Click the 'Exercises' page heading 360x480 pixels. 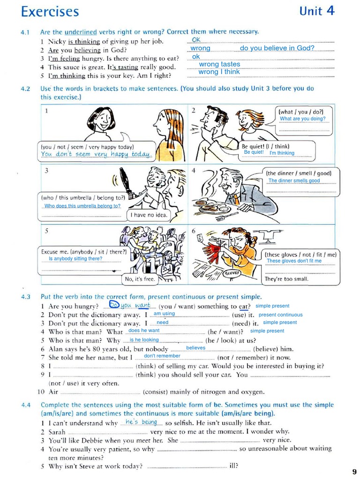pyautogui.click(x=50, y=12)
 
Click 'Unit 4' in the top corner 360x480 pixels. pyautogui.click(x=317, y=11)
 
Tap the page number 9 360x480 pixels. pyautogui.click(x=354, y=472)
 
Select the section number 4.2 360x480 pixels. pyautogui.click(x=25, y=89)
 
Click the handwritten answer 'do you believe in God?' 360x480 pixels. pyautogui.click(x=277, y=48)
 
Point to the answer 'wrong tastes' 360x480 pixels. pyautogui.click(x=219, y=64)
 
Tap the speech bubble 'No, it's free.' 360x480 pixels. pyautogui.click(x=139, y=279)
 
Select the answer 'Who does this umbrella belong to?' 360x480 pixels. pyautogui.click(x=82, y=206)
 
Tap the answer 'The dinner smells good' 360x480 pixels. pyautogui.click(x=294, y=180)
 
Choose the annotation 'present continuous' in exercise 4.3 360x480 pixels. pyautogui.click(x=280, y=315)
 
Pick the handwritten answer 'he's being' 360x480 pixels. pyautogui.click(x=141, y=422)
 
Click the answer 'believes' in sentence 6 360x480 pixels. pyautogui.click(x=195, y=348)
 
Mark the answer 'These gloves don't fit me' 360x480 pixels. pyautogui.click(x=294, y=261)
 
